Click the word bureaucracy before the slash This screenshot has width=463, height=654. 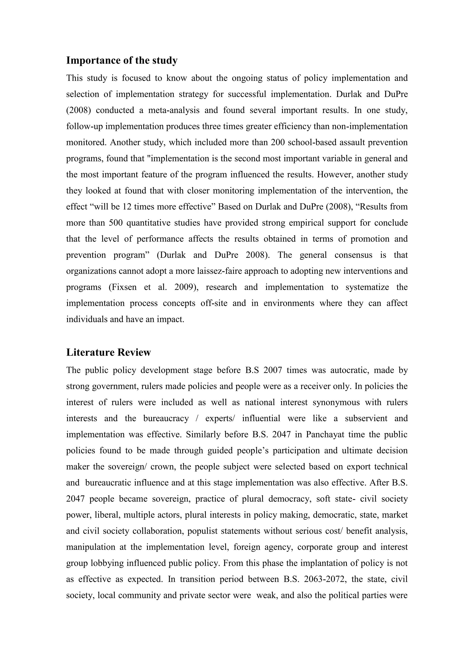pos(166,418)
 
